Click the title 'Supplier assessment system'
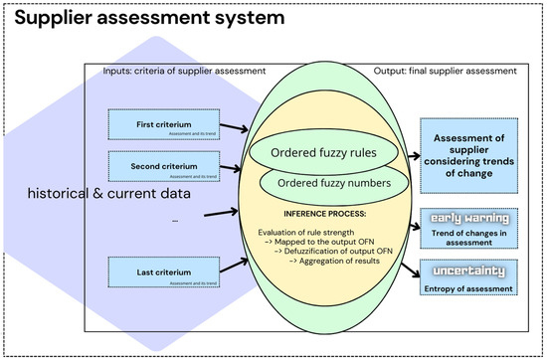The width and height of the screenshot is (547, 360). coord(144,18)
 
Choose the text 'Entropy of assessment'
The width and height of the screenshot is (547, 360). coord(466,288)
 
